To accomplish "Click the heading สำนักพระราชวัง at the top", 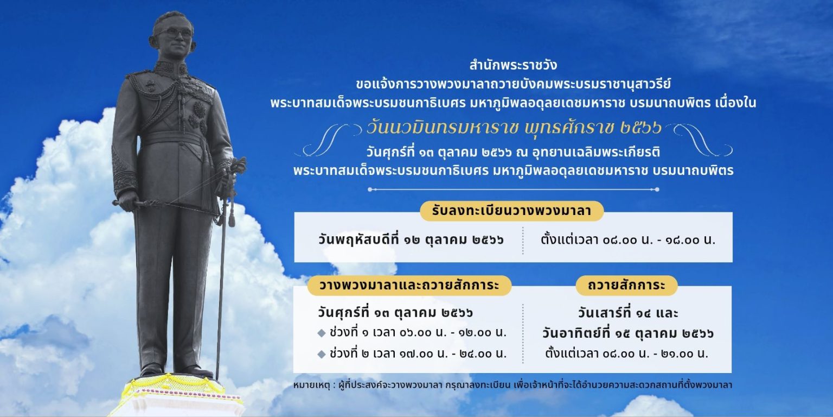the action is pyautogui.click(x=513, y=66).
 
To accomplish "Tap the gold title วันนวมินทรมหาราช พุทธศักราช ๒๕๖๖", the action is pyautogui.click(x=514, y=128).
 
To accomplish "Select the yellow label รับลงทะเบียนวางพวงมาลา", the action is pyautogui.click(x=512, y=211).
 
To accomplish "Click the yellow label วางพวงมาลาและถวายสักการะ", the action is pyautogui.click(x=409, y=285).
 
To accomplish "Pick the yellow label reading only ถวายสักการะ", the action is pyautogui.click(x=626, y=285).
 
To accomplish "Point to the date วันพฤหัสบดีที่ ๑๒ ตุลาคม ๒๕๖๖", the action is pyautogui.click(x=411, y=239).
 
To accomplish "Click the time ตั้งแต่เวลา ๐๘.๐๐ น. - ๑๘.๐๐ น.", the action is pyautogui.click(x=628, y=239).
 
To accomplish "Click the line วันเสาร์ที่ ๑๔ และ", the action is pyautogui.click(x=628, y=313).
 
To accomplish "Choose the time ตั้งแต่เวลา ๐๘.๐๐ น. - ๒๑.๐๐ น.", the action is pyautogui.click(x=626, y=353).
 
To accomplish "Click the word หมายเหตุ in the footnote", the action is pyautogui.click(x=311, y=385).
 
